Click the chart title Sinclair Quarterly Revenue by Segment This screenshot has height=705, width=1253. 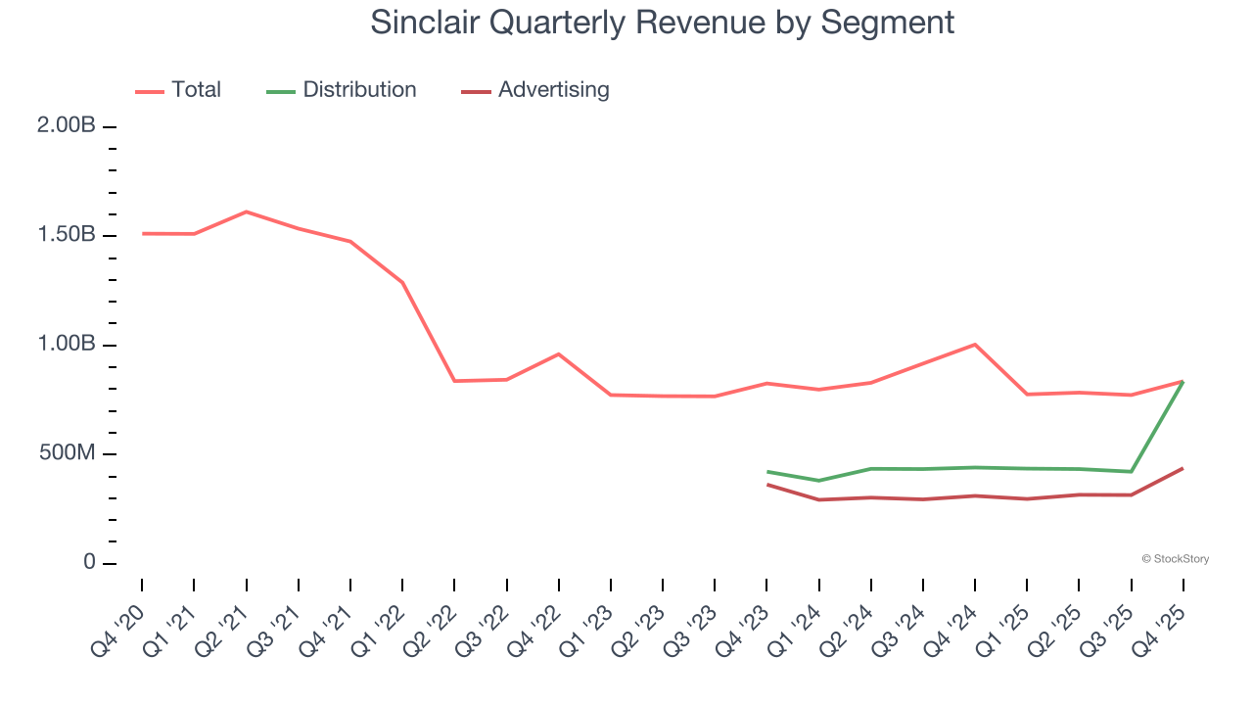coord(662,23)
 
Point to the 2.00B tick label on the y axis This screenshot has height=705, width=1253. coord(67,126)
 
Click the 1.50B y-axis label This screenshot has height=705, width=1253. coord(67,235)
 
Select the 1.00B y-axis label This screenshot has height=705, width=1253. coord(67,345)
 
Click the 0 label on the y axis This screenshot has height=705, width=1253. coord(89,563)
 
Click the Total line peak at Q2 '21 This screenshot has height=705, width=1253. coord(246,211)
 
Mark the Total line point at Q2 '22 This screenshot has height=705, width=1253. coord(454,381)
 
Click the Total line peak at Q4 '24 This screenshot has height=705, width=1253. coord(975,345)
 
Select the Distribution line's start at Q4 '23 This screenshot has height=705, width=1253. coord(767,472)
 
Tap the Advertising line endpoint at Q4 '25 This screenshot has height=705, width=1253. coord(1183,468)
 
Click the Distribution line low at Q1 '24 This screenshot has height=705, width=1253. coord(819,481)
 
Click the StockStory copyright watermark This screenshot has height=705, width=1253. coord(1175,559)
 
